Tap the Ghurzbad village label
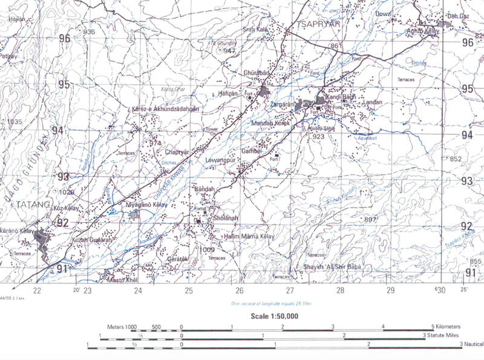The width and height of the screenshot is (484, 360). (x=255, y=73)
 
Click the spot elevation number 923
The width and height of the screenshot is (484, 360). (x=319, y=137)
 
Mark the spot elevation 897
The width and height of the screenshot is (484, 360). (x=370, y=219)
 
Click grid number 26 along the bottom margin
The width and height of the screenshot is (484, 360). (x=240, y=291)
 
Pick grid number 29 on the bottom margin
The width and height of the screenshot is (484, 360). (x=391, y=291)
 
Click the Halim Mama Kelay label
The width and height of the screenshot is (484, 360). (x=249, y=236)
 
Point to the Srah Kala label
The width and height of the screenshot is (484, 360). (x=255, y=29)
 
